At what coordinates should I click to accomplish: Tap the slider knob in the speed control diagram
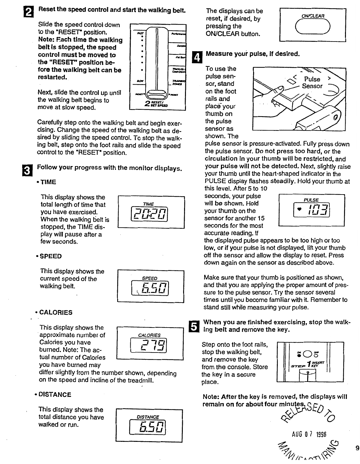(x=157, y=93)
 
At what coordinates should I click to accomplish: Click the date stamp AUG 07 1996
(x=309, y=435)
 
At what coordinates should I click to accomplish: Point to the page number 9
(x=357, y=448)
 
